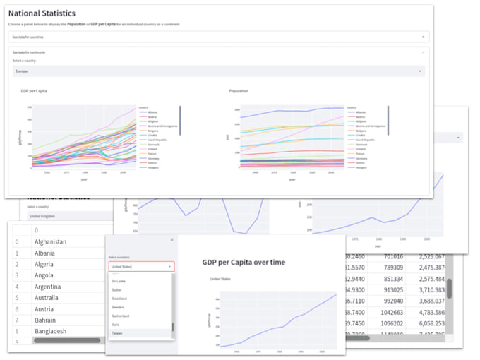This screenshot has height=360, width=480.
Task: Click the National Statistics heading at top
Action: click(42, 13)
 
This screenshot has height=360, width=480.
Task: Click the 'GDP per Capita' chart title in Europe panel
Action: click(34, 91)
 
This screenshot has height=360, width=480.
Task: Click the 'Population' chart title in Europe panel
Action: click(239, 91)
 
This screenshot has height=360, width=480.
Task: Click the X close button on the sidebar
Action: click(172, 240)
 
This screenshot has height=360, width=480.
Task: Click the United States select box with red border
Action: click(140, 267)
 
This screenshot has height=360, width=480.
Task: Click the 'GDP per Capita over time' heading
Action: click(244, 263)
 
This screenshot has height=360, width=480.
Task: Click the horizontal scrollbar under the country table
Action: click(64, 340)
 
